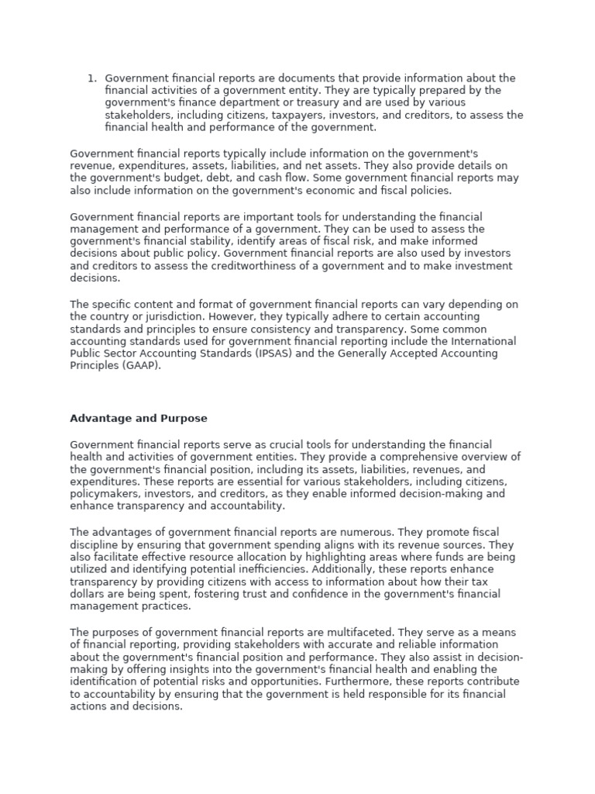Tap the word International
pos(484,342)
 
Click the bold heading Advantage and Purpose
pos(139,419)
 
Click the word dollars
pos(89,594)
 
